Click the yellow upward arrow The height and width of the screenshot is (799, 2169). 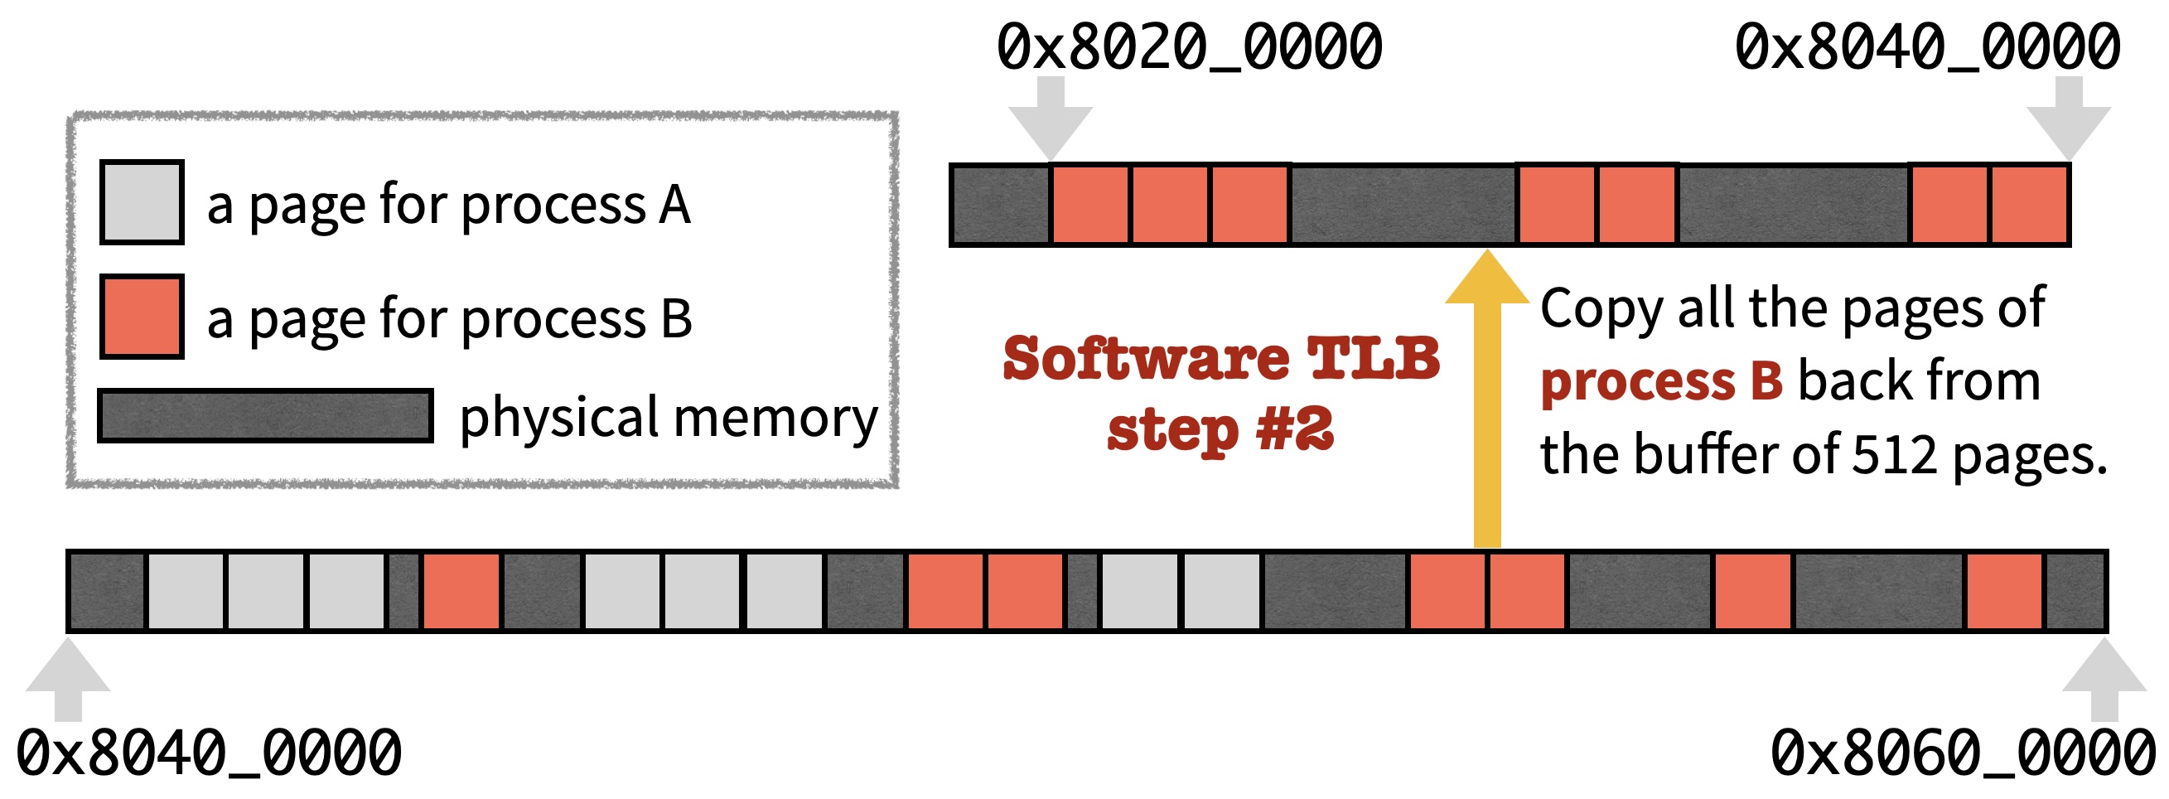(1487, 404)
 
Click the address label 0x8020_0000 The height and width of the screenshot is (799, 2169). (1189, 47)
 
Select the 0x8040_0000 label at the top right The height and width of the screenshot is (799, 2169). (1927, 47)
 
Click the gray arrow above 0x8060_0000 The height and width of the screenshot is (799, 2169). (2104, 679)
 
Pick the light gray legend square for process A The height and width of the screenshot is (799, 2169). (142, 203)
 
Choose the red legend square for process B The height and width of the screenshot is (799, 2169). (142, 317)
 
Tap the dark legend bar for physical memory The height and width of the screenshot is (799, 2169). (265, 416)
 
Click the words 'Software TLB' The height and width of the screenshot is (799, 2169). (1221, 359)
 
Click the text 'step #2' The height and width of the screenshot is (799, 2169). (1221, 430)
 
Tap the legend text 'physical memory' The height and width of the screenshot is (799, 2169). (668, 418)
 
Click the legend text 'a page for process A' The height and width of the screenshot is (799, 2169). (449, 205)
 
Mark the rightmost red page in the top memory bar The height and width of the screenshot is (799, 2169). (2028, 205)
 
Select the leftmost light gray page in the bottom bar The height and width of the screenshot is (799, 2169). (186, 591)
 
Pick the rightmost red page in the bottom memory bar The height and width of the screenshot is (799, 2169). (2005, 591)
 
